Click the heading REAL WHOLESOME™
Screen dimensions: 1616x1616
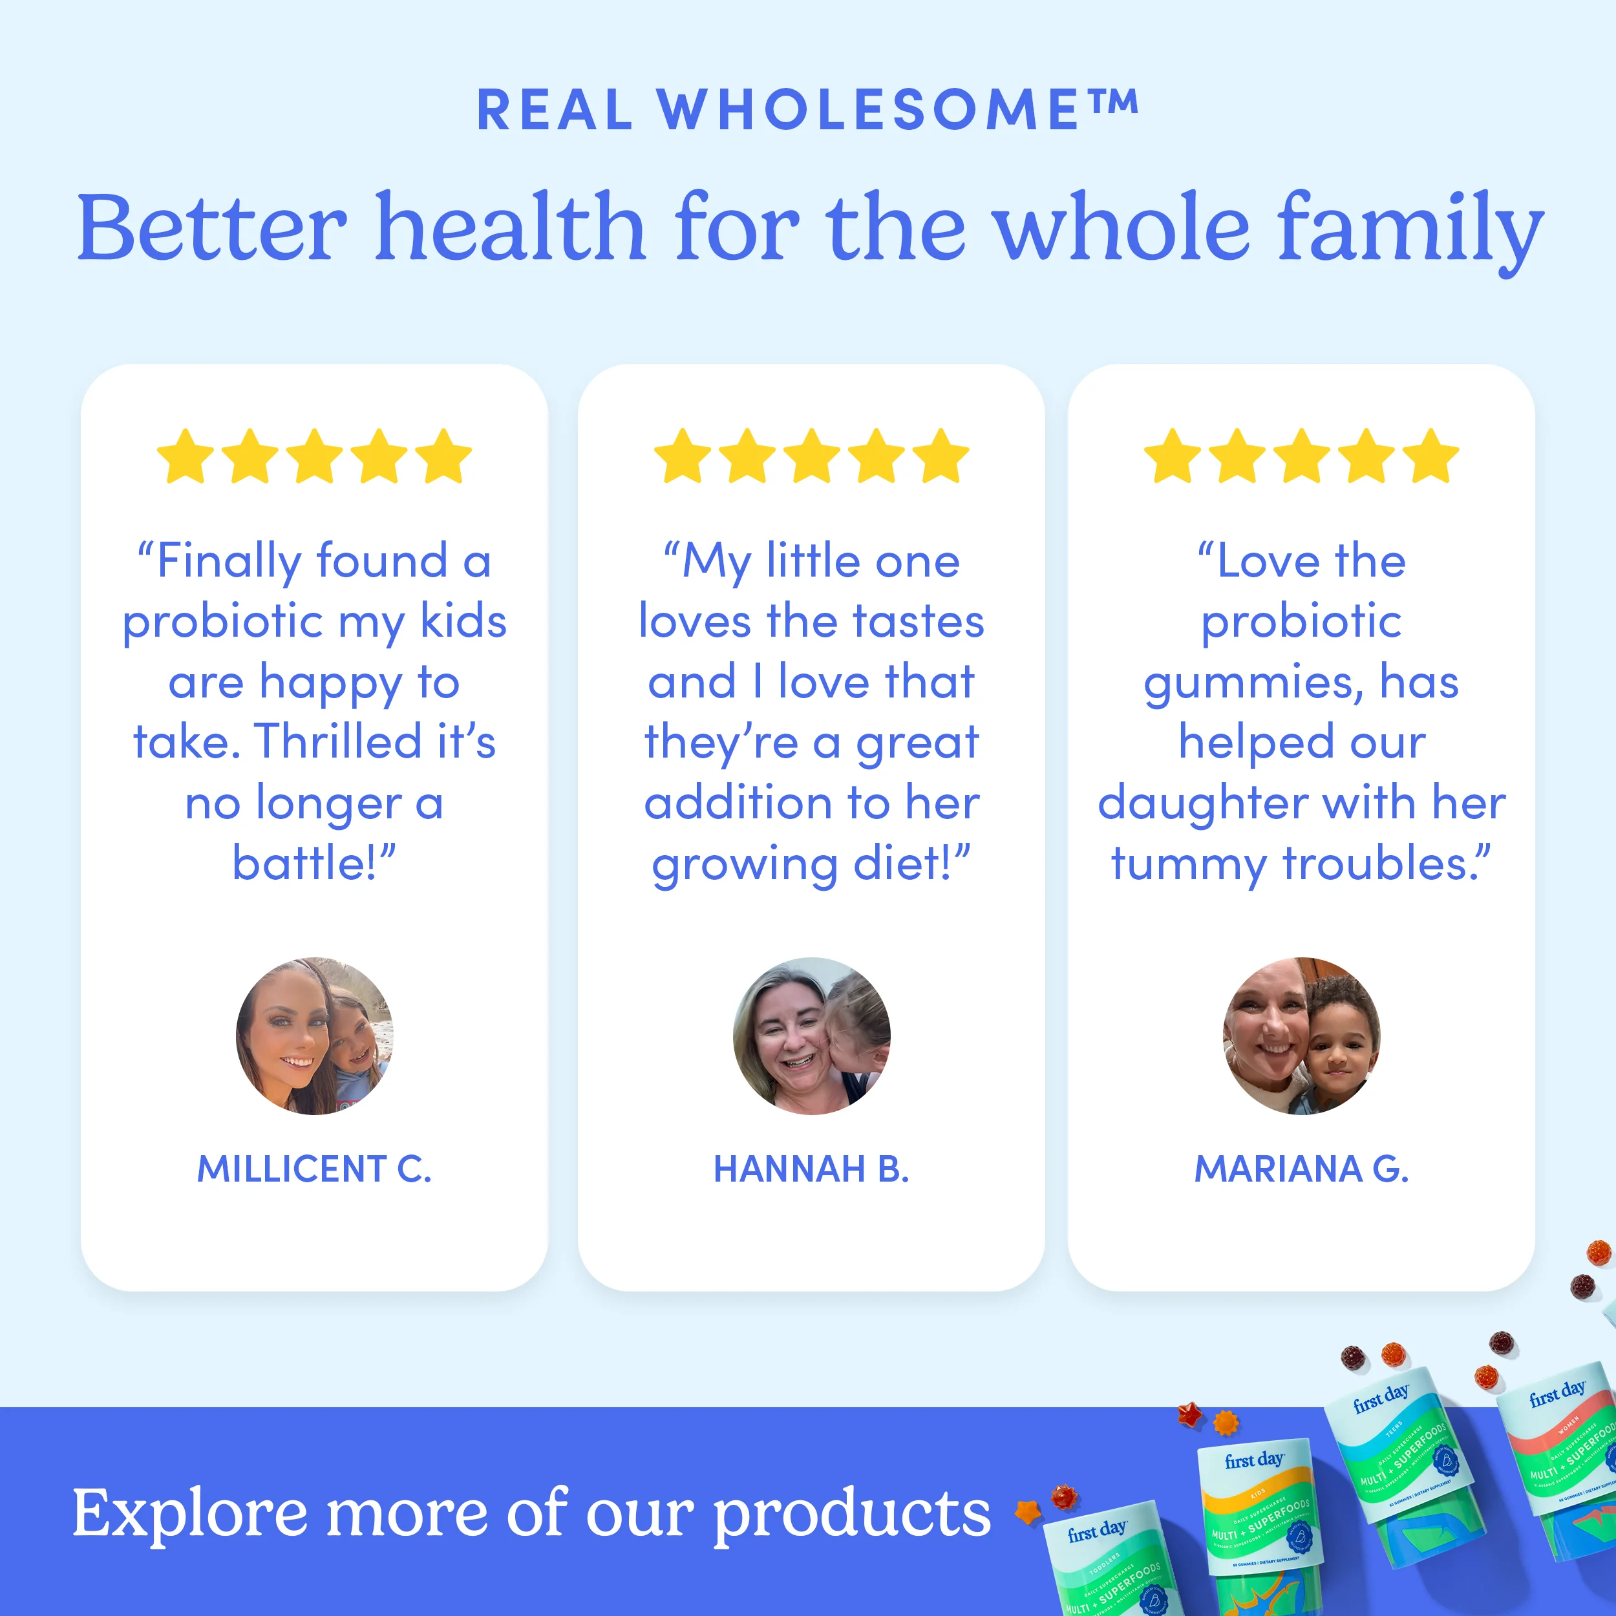point(807,110)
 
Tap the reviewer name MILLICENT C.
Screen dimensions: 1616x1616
point(315,1169)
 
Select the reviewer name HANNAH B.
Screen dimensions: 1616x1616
point(811,1169)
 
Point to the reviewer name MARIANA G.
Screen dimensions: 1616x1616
point(1301,1169)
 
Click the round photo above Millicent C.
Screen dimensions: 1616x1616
point(315,1036)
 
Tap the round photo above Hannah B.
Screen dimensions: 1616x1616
point(811,1036)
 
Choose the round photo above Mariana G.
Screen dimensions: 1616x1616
point(1301,1036)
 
